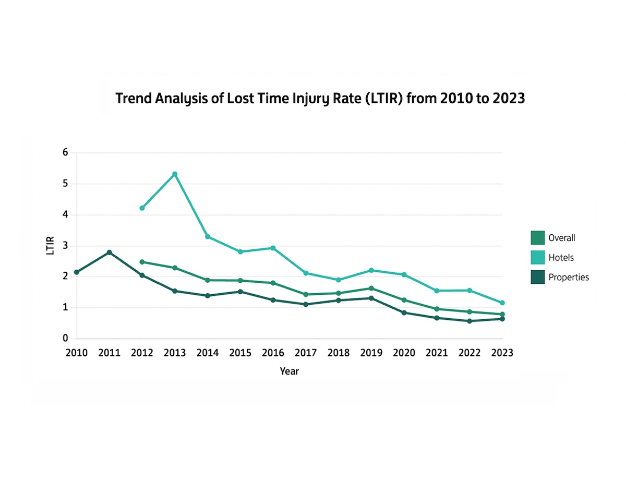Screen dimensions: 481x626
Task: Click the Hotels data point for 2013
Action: coord(175,174)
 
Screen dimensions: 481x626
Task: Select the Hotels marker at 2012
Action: coord(142,208)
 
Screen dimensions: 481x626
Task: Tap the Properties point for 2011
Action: coord(109,252)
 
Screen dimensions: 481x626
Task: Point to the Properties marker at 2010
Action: coord(77,272)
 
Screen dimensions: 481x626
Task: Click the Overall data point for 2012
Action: coord(142,262)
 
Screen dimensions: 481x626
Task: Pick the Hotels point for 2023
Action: coord(502,303)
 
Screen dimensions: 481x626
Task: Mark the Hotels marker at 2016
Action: coord(273,248)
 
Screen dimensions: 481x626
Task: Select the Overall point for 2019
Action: coord(371,288)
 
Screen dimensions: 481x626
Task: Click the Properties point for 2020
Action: coord(404,312)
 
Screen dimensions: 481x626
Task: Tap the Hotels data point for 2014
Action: coord(208,236)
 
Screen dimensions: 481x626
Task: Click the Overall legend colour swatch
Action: coord(537,238)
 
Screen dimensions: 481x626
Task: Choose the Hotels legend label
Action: coord(561,258)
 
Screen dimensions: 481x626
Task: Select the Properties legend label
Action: coord(568,277)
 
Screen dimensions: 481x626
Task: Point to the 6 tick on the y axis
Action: coord(65,153)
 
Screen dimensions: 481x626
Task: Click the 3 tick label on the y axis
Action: coord(65,246)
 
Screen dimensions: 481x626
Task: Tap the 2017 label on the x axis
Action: coord(306,353)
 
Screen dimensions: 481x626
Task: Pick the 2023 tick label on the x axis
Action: coord(502,353)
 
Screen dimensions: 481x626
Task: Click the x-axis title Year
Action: coord(289,371)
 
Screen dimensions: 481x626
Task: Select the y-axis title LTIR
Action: coord(50,246)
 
